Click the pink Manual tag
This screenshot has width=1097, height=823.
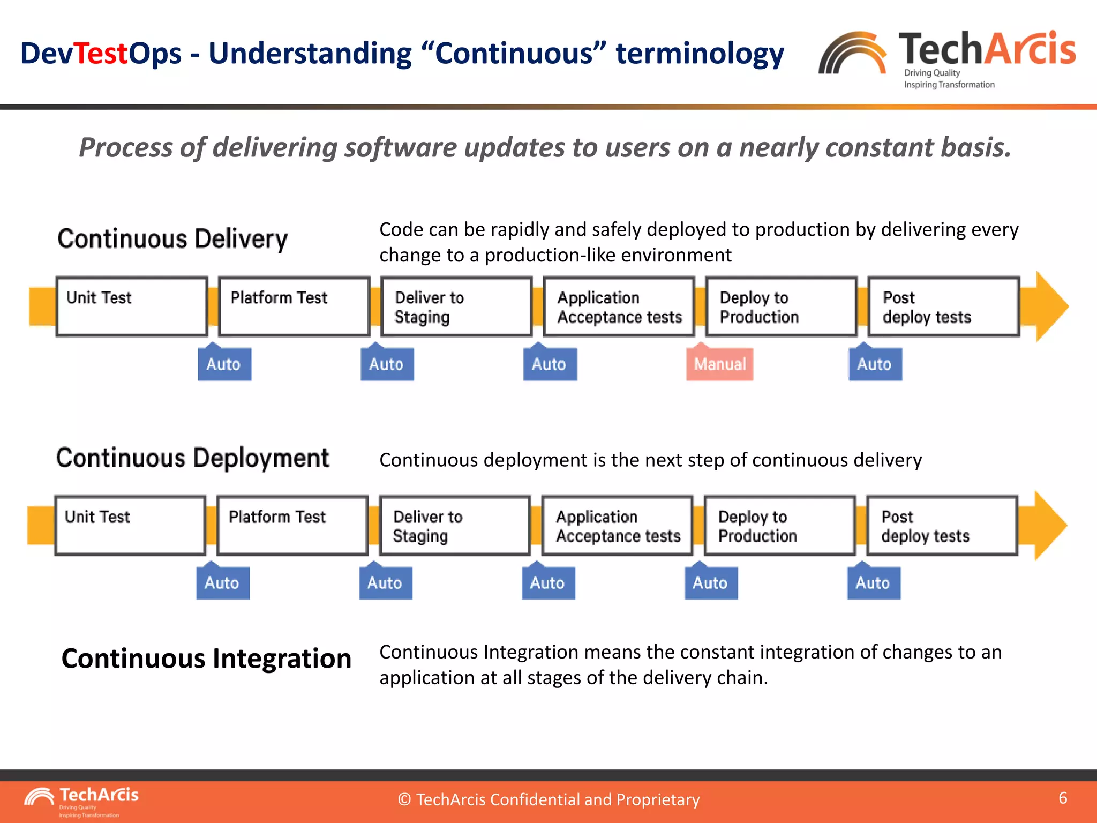click(719, 364)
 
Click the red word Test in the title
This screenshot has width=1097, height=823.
click(101, 54)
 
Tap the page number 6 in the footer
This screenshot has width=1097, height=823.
click(1063, 798)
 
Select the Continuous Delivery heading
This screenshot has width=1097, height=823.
click(172, 239)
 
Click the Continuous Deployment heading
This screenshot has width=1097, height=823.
click(192, 458)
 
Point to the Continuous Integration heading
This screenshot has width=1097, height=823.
click(206, 659)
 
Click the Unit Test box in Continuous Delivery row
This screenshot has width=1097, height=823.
click(132, 306)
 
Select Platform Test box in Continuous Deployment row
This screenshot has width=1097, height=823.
click(292, 525)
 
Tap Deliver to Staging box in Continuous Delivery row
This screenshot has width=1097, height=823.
click(456, 306)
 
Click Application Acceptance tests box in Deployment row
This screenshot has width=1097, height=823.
click(617, 525)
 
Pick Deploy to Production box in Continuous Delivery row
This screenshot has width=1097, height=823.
click(781, 306)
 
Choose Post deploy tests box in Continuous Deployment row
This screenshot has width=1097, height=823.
click(942, 525)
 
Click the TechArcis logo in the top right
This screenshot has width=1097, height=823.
click(947, 58)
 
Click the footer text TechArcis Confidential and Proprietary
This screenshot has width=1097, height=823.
click(548, 799)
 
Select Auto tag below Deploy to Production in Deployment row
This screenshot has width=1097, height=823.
click(711, 582)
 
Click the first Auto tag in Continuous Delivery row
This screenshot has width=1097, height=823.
click(224, 364)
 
